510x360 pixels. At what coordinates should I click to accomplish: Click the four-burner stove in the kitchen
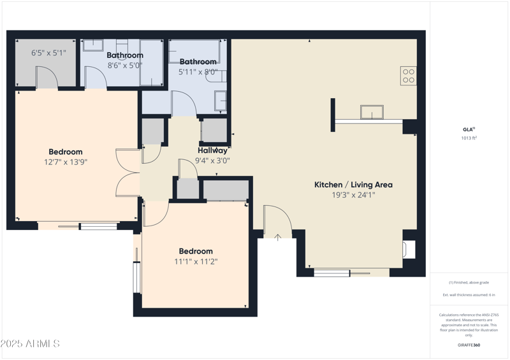click(x=409, y=76)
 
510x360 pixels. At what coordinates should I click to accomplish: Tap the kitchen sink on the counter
click(x=372, y=113)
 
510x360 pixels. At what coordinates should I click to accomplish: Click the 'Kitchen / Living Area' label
click(x=353, y=185)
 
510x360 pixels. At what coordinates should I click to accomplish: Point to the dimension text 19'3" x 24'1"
click(x=353, y=195)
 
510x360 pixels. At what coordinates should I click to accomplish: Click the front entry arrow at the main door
click(x=278, y=238)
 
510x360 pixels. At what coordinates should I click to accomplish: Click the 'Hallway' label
click(x=212, y=151)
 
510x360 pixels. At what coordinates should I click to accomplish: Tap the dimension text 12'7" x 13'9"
click(x=66, y=162)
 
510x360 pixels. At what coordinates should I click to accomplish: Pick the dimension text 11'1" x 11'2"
click(x=196, y=261)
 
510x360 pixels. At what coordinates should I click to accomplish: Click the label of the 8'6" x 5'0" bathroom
click(x=125, y=55)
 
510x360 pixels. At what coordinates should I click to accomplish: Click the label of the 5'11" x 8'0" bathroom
click(x=198, y=62)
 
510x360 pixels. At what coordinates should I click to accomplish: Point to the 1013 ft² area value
click(x=469, y=138)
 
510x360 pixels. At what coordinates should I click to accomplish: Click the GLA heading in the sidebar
click(x=469, y=129)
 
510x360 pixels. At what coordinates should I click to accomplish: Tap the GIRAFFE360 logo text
click(x=469, y=345)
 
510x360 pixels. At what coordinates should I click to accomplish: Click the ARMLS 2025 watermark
click(x=30, y=344)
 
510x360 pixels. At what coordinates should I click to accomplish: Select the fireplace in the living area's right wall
click(x=409, y=249)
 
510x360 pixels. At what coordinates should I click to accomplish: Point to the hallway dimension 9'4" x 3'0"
click(x=212, y=161)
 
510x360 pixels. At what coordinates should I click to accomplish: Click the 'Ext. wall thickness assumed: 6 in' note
click(x=469, y=295)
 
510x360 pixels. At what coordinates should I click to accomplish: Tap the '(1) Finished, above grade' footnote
click(x=469, y=282)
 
